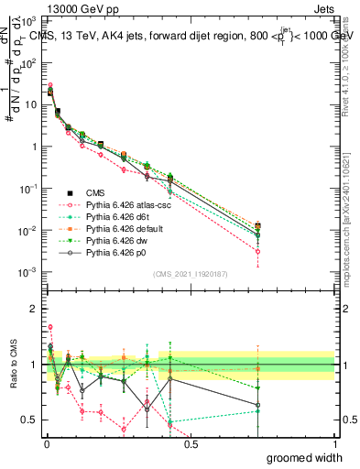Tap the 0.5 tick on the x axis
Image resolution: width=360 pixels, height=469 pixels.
[190, 444]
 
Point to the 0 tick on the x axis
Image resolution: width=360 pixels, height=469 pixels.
[45, 444]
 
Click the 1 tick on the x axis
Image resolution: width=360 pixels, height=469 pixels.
[334, 444]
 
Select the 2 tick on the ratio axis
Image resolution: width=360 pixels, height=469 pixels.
[34, 309]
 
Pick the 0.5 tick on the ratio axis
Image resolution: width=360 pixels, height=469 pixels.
[31, 420]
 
